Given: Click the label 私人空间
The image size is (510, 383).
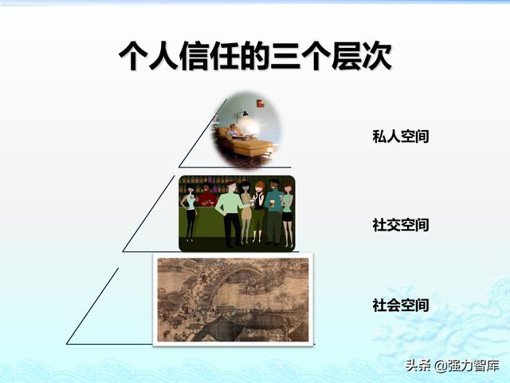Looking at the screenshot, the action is (400, 136).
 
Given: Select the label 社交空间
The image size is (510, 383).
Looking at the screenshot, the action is (400, 225).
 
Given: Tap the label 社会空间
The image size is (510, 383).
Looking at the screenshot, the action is (400, 305).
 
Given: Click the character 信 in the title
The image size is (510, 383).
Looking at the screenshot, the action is (194, 55).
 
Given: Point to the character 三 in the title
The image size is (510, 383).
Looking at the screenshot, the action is (285, 55).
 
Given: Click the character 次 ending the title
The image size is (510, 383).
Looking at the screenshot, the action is (377, 55).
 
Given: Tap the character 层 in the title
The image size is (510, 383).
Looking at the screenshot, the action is (347, 55).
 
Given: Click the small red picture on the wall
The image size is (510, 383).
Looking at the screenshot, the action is (261, 104).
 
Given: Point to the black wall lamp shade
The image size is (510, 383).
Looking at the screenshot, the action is (245, 113).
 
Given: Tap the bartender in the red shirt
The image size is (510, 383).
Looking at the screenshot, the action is (206, 195).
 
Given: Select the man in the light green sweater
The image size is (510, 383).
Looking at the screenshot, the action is (230, 213).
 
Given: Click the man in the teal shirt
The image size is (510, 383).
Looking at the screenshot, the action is (273, 211).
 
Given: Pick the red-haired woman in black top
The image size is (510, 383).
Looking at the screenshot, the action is (258, 211).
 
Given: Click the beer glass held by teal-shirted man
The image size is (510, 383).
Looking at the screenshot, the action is (273, 203).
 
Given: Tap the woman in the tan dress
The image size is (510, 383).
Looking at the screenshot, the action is (246, 211).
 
